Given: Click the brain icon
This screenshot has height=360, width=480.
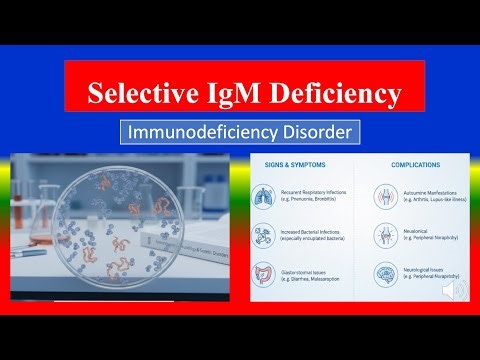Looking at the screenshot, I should pyautogui.click(x=384, y=277).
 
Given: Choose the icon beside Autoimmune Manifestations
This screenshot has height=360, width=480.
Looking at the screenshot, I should pyautogui.click(x=384, y=197).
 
